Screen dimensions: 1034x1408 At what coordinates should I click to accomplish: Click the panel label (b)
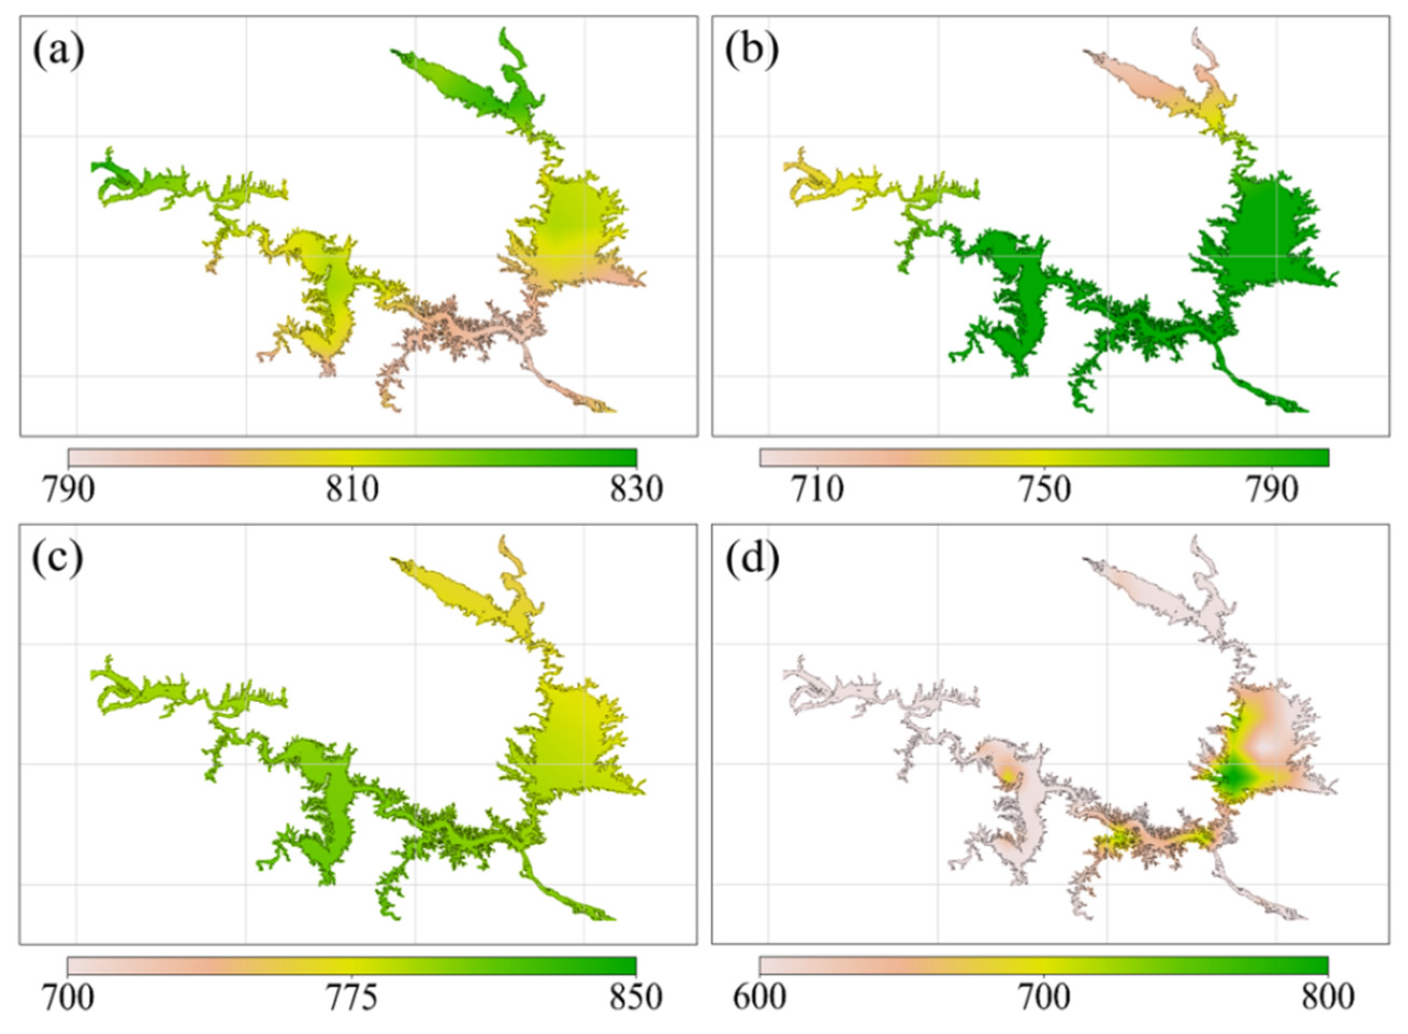[752, 53]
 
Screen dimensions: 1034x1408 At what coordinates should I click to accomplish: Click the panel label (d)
[752, 560]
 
